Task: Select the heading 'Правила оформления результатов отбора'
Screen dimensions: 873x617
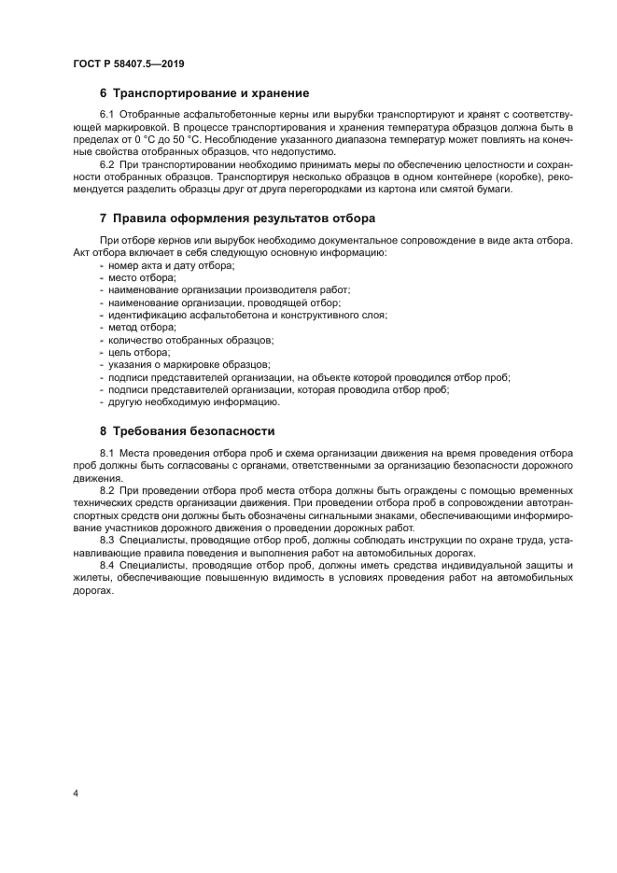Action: point(244,218)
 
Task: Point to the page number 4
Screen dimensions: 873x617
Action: point(76,794)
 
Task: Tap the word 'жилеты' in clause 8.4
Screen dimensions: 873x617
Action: point(91,579)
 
